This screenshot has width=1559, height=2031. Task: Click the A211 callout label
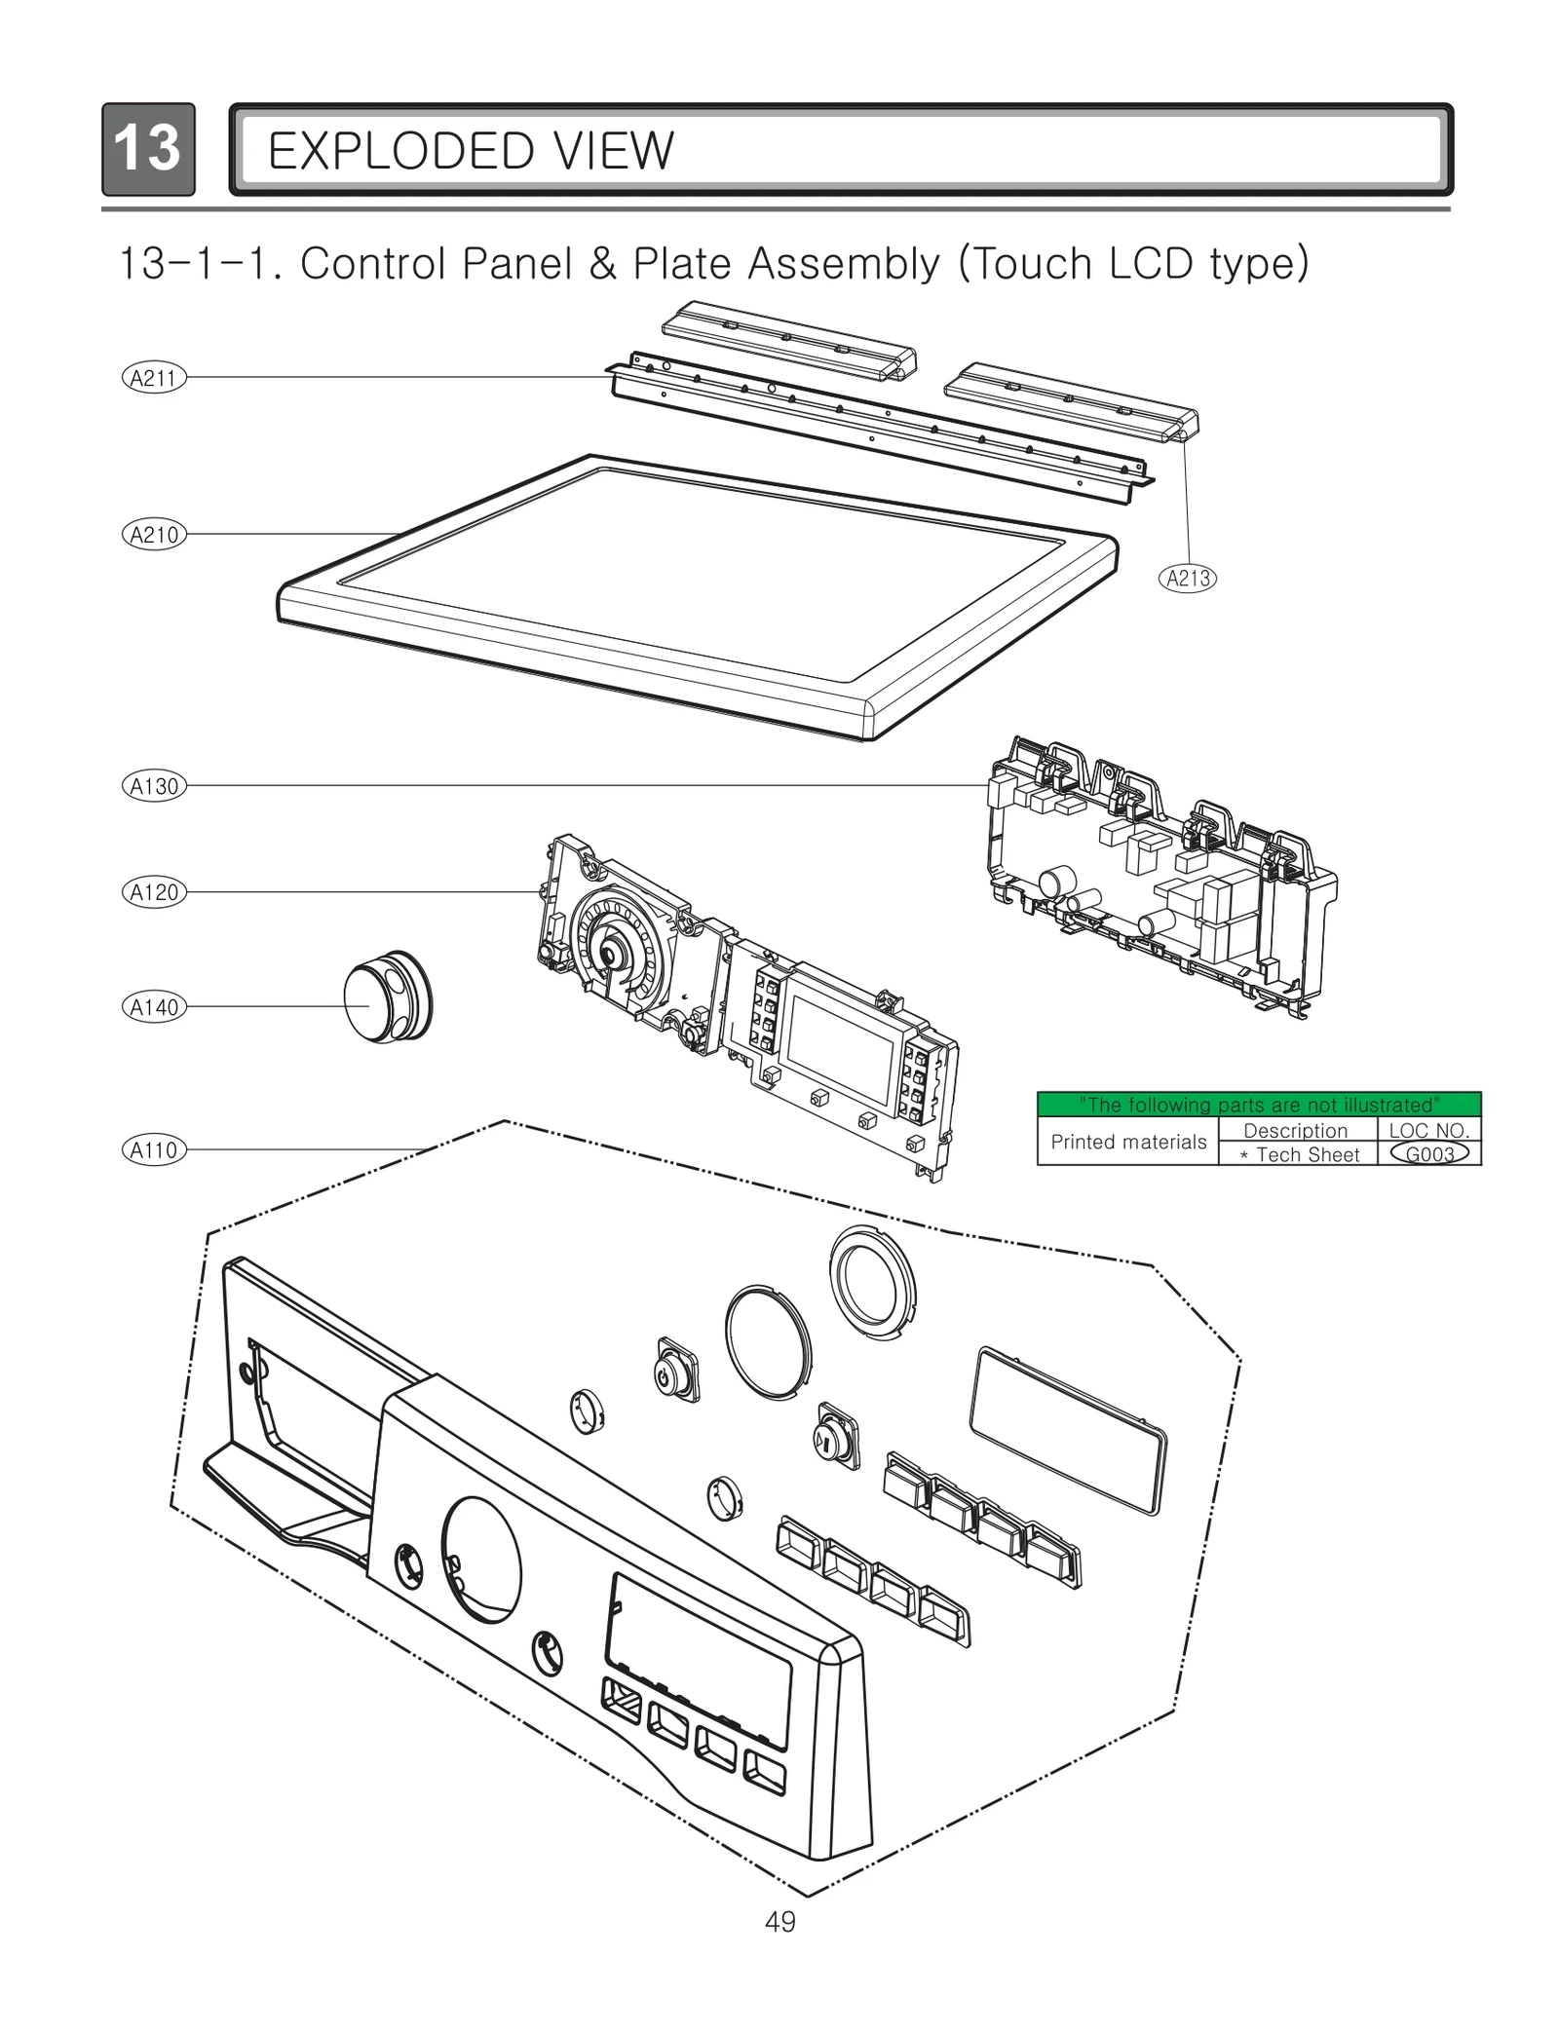click(153, 378)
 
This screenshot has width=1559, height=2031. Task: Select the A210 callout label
click(153, 534)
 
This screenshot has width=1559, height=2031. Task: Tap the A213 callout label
click(1188, 578)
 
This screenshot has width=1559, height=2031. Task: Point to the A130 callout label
click(153, 786)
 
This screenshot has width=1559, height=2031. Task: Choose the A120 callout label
click(153, 892)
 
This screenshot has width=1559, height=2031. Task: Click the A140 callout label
click(153, 1007)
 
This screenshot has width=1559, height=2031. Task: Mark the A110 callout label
click(153, 1149)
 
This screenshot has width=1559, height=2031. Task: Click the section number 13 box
click(148, 149)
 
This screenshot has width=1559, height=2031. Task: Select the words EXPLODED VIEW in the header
click(470, 151)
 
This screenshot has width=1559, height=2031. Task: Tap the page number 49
click(779, 1922)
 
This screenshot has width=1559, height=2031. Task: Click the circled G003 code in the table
click(1429, 1154)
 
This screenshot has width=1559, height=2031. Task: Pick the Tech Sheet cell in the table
click(1298, 1155)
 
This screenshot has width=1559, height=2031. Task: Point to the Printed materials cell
click(1127, 1142)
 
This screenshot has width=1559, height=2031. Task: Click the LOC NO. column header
click(1428, 1130)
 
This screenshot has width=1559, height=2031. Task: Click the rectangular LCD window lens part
click(1068, 1430)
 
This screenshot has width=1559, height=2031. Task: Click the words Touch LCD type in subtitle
click(1133, 263)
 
